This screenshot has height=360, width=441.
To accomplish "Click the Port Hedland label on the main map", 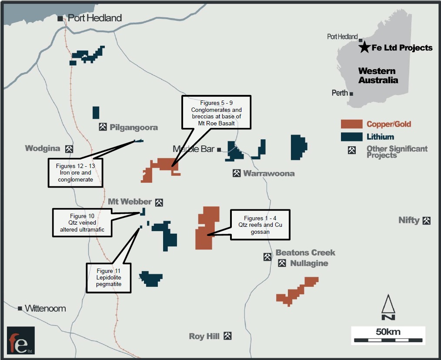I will [95, 18].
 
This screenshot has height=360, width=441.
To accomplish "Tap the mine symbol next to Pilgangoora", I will [103, 127].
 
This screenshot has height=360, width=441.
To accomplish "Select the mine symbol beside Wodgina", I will [69, 149].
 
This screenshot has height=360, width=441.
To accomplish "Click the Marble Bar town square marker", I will [219, 150].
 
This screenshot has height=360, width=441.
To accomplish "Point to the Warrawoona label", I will [269, 173].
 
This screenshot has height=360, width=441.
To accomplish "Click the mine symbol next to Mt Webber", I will [159, 202].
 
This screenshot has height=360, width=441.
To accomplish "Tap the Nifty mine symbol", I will [427, 220].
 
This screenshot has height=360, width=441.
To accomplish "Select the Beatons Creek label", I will [305, 252].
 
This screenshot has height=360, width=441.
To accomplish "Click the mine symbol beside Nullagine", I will [282, 263].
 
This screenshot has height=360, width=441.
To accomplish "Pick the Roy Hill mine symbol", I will [227, 336].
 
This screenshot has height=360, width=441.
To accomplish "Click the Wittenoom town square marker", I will [20, 308].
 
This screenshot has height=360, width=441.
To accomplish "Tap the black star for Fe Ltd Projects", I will [364, 47].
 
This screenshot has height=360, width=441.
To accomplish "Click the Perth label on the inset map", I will [340, 93].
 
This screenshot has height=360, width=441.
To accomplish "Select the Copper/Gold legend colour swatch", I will [352, 124].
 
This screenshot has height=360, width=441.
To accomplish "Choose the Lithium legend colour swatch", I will [352, 137].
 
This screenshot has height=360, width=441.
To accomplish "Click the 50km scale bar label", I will [388, 332].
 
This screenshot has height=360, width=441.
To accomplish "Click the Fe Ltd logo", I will [21, 340].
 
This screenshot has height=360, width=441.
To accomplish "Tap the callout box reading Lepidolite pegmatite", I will [108, 277].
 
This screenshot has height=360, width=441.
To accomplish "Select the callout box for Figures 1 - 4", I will [260, 225].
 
